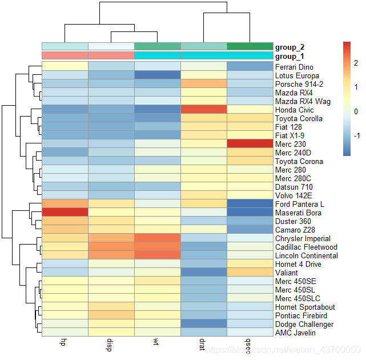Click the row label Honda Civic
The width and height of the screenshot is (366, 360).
pyautogui.click(x=294, y=110)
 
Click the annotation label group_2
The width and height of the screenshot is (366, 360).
pyautogui.click(x=290, y=46)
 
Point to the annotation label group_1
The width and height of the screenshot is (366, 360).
pyautogui.click(x=290, y=56)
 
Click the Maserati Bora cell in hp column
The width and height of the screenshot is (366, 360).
pyautogui.click(x=65, y=213)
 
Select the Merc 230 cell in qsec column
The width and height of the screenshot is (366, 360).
pyautogui.click(x=250, y=144)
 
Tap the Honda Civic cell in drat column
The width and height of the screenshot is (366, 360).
pyautogui.click(x=203, y=110)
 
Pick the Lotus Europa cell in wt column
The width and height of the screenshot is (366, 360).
pyautogui.click(x=157, y=75)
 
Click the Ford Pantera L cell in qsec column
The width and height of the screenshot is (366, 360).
pyautogui.click(x=250, y=204)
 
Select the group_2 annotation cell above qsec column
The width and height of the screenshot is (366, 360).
pyautogui.click(x=250, y=46)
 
